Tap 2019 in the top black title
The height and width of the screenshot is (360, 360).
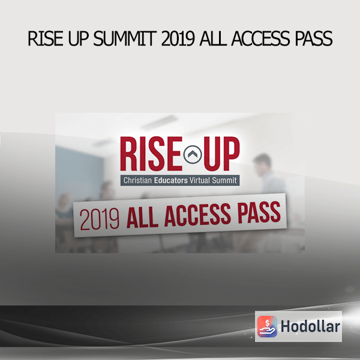pyautogui.click(x=178, y=38)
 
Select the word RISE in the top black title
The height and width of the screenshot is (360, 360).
pyautogui.click(x=45, y=38)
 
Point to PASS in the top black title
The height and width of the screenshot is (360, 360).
pyautogui.click(x=314, y=38)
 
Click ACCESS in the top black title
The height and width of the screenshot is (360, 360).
pyautogui.click(x=260, y=38)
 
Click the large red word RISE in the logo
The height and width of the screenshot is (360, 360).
pyautogui.click(x=151, y=154)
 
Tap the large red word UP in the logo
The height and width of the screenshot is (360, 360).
pyautogui.click(x=221, y=154)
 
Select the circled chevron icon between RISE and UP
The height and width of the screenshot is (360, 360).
pyautogui.click(x=193, y=155)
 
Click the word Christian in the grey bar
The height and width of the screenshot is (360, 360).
pyautogui.click(x=137, y=180)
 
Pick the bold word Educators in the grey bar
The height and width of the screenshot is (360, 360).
pyautogui.click(x=171, y=181)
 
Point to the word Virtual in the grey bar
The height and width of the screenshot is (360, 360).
pyautogui.click(x=200, y=180)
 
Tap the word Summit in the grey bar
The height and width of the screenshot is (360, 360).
pyautogui.click(x=224, y=180)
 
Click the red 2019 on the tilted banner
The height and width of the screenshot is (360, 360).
pyautogui.click(x=100, y=219)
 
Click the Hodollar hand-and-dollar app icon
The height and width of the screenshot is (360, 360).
pyautogui.click(x=267, y=326)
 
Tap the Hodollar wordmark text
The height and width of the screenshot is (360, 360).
pyautogui.click(x=310, y=326)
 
